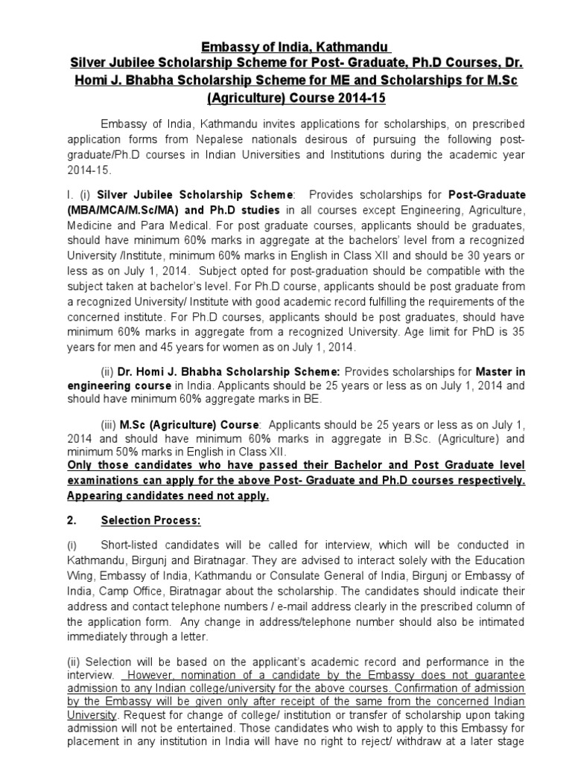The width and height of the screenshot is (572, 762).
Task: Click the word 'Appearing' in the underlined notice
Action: (x=95, y=496)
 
